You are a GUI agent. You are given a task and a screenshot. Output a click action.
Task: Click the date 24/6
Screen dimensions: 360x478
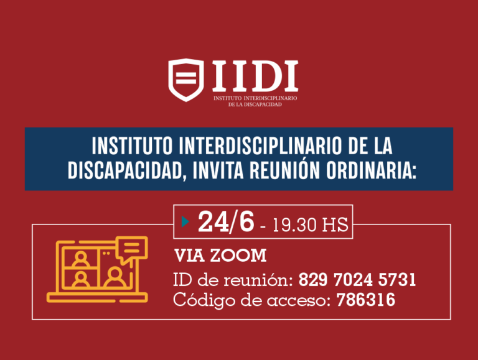point(226,222)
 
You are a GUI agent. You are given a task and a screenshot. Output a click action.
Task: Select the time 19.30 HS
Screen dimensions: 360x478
point(305,224)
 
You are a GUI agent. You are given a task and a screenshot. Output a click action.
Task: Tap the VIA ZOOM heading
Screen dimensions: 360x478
point(220,256)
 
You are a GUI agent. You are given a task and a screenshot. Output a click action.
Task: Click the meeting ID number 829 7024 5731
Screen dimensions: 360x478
point(357,280)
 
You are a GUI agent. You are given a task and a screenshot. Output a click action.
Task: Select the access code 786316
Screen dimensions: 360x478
point(366,300)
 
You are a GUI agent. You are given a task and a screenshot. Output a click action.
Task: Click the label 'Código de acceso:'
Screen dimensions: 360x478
point(252,300)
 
